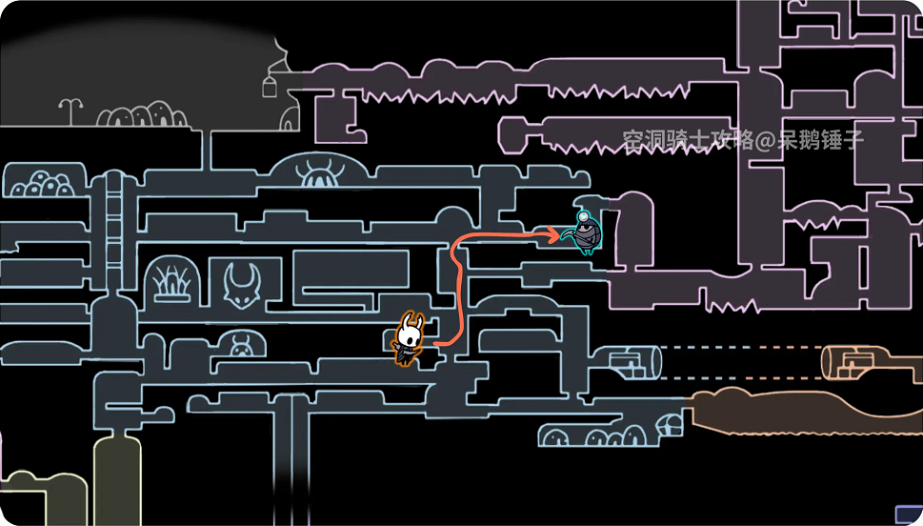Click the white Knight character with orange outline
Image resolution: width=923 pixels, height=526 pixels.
pyautogui.click(x=410, y=339)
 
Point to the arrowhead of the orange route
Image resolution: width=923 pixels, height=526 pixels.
pyautogui.click(x=556, y=231)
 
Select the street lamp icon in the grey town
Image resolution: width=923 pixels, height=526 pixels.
pyautogui.click(x=70, y=111)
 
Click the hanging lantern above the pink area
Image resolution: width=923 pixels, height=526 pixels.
pyautogui.click(x=271, y=87)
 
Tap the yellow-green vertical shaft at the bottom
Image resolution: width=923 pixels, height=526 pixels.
pyautogui.click(x=117, y=476)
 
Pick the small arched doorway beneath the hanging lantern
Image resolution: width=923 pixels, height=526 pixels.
pyautogui.click(x=291, y=115)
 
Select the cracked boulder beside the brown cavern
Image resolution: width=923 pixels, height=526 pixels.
pyautogui.click(x=672, y=425)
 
